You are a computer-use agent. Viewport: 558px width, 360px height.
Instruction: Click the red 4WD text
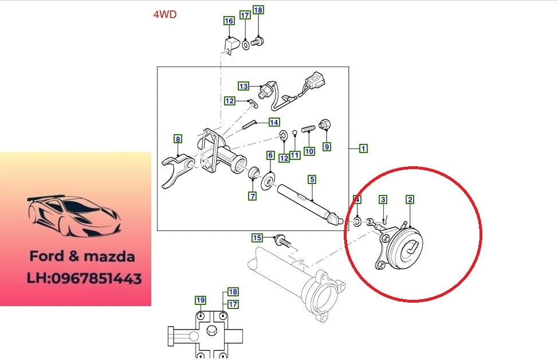point(165,14)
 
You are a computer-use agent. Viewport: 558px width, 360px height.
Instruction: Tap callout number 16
point(229,21)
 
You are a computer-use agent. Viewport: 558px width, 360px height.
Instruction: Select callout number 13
point(243,86)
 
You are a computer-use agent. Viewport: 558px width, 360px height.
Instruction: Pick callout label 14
point(274,123)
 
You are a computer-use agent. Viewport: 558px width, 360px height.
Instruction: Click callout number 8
point(178,139)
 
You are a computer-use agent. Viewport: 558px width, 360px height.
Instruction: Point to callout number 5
point(312,179)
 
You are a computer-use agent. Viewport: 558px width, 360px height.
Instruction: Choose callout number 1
point(363,148)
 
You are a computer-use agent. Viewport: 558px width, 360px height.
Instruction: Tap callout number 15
point(257,237)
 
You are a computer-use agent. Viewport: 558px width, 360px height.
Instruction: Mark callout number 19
point(201,300)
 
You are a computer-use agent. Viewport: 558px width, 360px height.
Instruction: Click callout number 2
point(410,199)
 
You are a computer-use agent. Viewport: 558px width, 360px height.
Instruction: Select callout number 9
point(327,146)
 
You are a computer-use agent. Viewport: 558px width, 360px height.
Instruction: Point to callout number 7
point(253,196)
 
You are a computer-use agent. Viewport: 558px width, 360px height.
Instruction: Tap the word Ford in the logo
point(47,256)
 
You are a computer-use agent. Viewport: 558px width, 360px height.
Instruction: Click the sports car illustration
point(74,216)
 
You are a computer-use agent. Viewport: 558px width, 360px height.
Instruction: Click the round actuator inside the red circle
point(404,248)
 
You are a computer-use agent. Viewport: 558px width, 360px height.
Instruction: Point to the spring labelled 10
point(309,128)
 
